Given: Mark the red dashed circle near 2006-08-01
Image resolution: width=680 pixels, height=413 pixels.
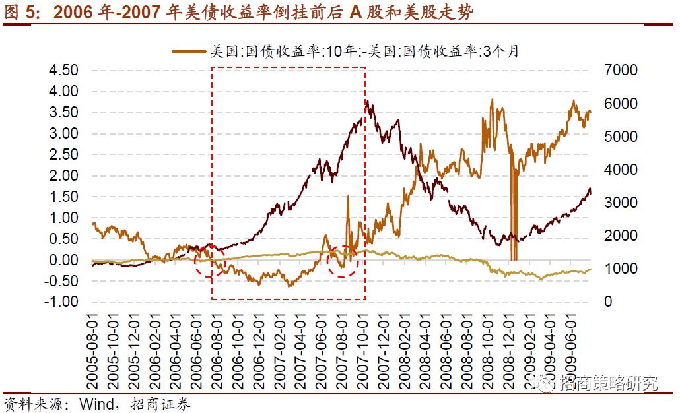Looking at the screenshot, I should pos(211,262).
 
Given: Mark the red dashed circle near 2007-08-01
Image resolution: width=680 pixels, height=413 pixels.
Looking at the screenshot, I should pos(343,261).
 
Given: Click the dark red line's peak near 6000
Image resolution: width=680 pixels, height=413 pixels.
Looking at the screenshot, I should pos(367,103).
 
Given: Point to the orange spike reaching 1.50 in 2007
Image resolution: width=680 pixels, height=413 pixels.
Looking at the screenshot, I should pos(348,197).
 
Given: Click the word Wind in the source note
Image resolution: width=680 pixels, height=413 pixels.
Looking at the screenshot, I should pos(96,403).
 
